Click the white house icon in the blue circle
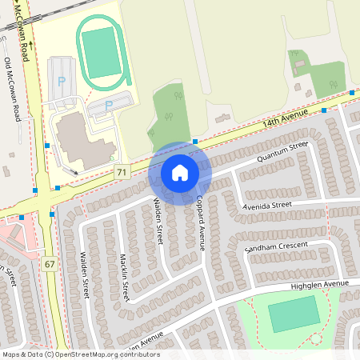[x=180, y=173]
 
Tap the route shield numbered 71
[x=122, y=172]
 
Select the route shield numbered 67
[x=50, y=264]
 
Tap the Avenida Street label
[x=268, y=206]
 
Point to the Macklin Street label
[x=125, y=278]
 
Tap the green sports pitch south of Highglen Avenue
[x=294, y=314]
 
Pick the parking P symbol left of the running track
[x=62, y=82]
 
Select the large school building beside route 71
[x=80, y=136]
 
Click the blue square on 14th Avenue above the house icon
[x=195, y=142]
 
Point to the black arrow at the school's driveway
[x=75, y=170]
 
